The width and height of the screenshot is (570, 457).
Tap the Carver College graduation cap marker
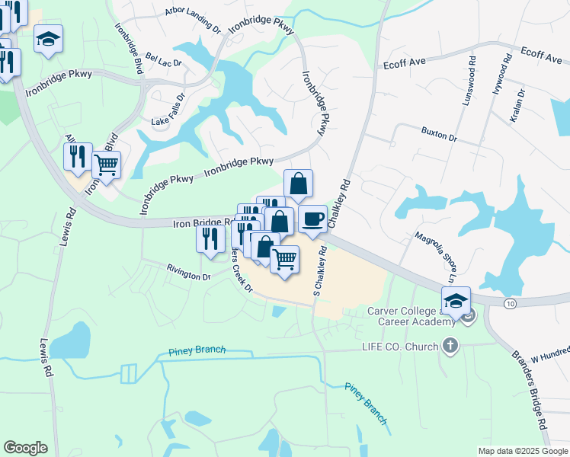456,301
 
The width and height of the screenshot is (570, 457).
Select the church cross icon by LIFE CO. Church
450,347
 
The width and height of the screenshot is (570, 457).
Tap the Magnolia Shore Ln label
436,251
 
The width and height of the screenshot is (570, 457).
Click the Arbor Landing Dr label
192,12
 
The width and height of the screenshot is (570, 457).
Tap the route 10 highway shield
508,303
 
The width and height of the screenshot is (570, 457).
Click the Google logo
25,448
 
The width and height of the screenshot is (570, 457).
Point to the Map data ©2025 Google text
523,451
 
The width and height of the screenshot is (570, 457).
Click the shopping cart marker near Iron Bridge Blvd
106,164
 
